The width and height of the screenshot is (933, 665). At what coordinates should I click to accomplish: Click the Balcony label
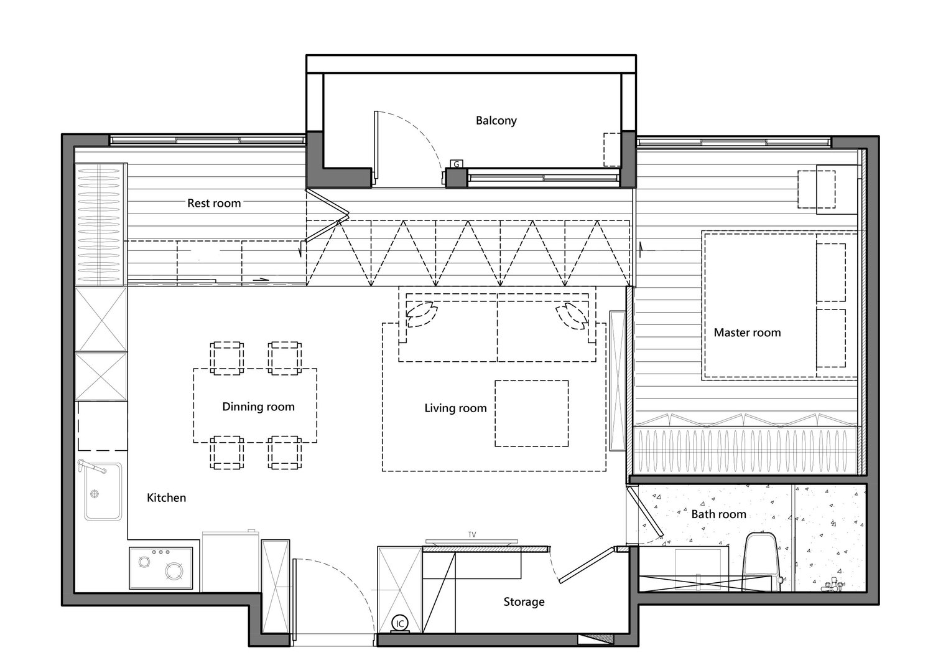point(496,121)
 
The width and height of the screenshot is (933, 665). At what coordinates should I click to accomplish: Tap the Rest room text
point(214,203)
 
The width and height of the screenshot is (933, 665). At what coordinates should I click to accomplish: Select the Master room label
point(747,332)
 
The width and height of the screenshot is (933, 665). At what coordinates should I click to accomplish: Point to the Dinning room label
point(258,407)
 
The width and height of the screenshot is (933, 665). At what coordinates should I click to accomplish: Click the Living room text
point(456,408)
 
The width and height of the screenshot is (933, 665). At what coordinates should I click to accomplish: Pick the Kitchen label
point(166,498)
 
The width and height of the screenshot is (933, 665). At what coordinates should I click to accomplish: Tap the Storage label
point(524,601)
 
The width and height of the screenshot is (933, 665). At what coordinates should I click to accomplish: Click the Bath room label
point(718,514)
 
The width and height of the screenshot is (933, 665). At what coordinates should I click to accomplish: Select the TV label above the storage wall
point(472,534)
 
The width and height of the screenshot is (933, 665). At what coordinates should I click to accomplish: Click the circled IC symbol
point(400,624)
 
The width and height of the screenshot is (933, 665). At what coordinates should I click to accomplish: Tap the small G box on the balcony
point(456,164)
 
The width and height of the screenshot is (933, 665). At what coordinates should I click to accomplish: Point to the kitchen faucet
point(91,466)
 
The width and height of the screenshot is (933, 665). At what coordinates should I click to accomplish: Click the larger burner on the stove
point(174,571)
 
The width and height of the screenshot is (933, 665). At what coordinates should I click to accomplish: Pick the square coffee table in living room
point(531,413)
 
